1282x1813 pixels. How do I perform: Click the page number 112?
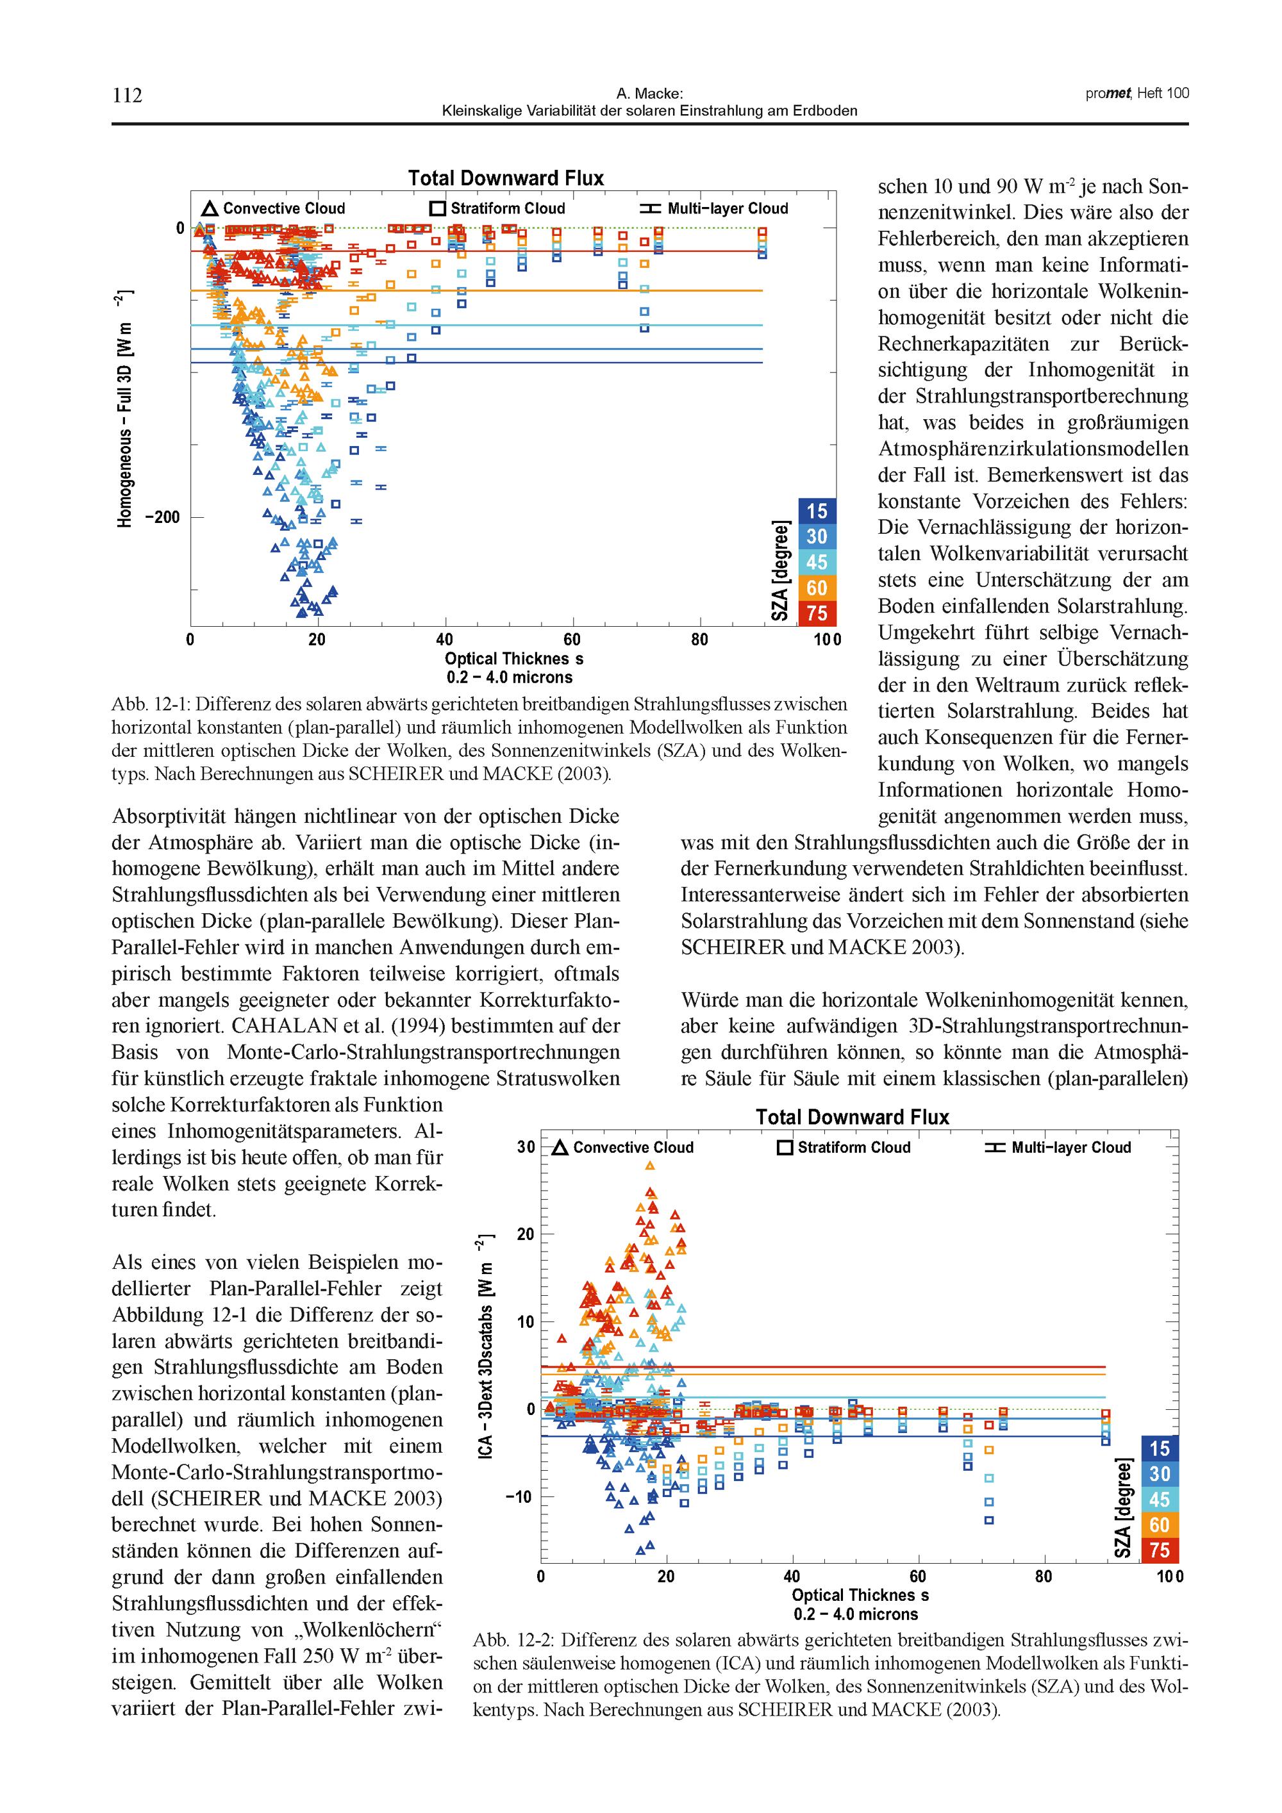[127, 95]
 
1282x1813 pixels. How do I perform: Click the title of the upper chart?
[506, 178]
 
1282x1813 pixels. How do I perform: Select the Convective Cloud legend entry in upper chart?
[274, 208]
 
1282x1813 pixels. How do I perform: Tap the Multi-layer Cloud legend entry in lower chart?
[1058, 1147]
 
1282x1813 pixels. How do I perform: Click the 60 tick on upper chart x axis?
[572, 640]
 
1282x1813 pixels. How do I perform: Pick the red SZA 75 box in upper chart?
[817, 613]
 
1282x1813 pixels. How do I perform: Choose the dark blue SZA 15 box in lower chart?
[1159, 1449]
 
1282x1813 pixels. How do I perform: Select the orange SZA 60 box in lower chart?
[1159, 1525]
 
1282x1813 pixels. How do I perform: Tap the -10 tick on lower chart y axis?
[520, 1497]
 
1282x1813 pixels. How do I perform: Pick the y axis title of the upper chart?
[126, 409]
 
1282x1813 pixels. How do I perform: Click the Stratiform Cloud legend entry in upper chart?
[497, 208]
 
